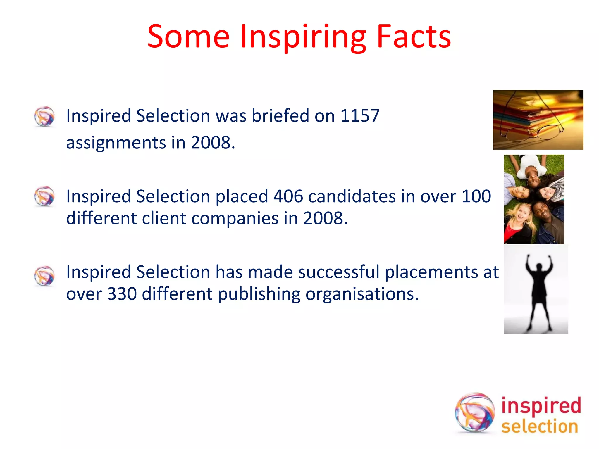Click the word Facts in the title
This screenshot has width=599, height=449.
pyautogui.click(x=414, y=37)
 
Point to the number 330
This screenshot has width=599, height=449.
pyautogui.click(x=122, y=294)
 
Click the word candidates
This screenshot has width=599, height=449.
pyautogui.click(x=352, y=196)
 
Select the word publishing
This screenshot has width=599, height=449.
pyautogui.click(x=259, y=294)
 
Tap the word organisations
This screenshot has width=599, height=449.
pyautogui.click(x=362, y=294)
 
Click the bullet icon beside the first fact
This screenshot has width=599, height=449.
pyautogui.click(x=44, y=116)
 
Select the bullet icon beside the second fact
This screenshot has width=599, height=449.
pyautogui.click(x=44, y=196)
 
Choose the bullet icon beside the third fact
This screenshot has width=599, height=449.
pyautogui.click(x=44, y=276)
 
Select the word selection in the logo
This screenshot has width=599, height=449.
pyautogui.click(x=540, y=426)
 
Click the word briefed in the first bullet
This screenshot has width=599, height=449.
pyautogui.click(x=280, y=115)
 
